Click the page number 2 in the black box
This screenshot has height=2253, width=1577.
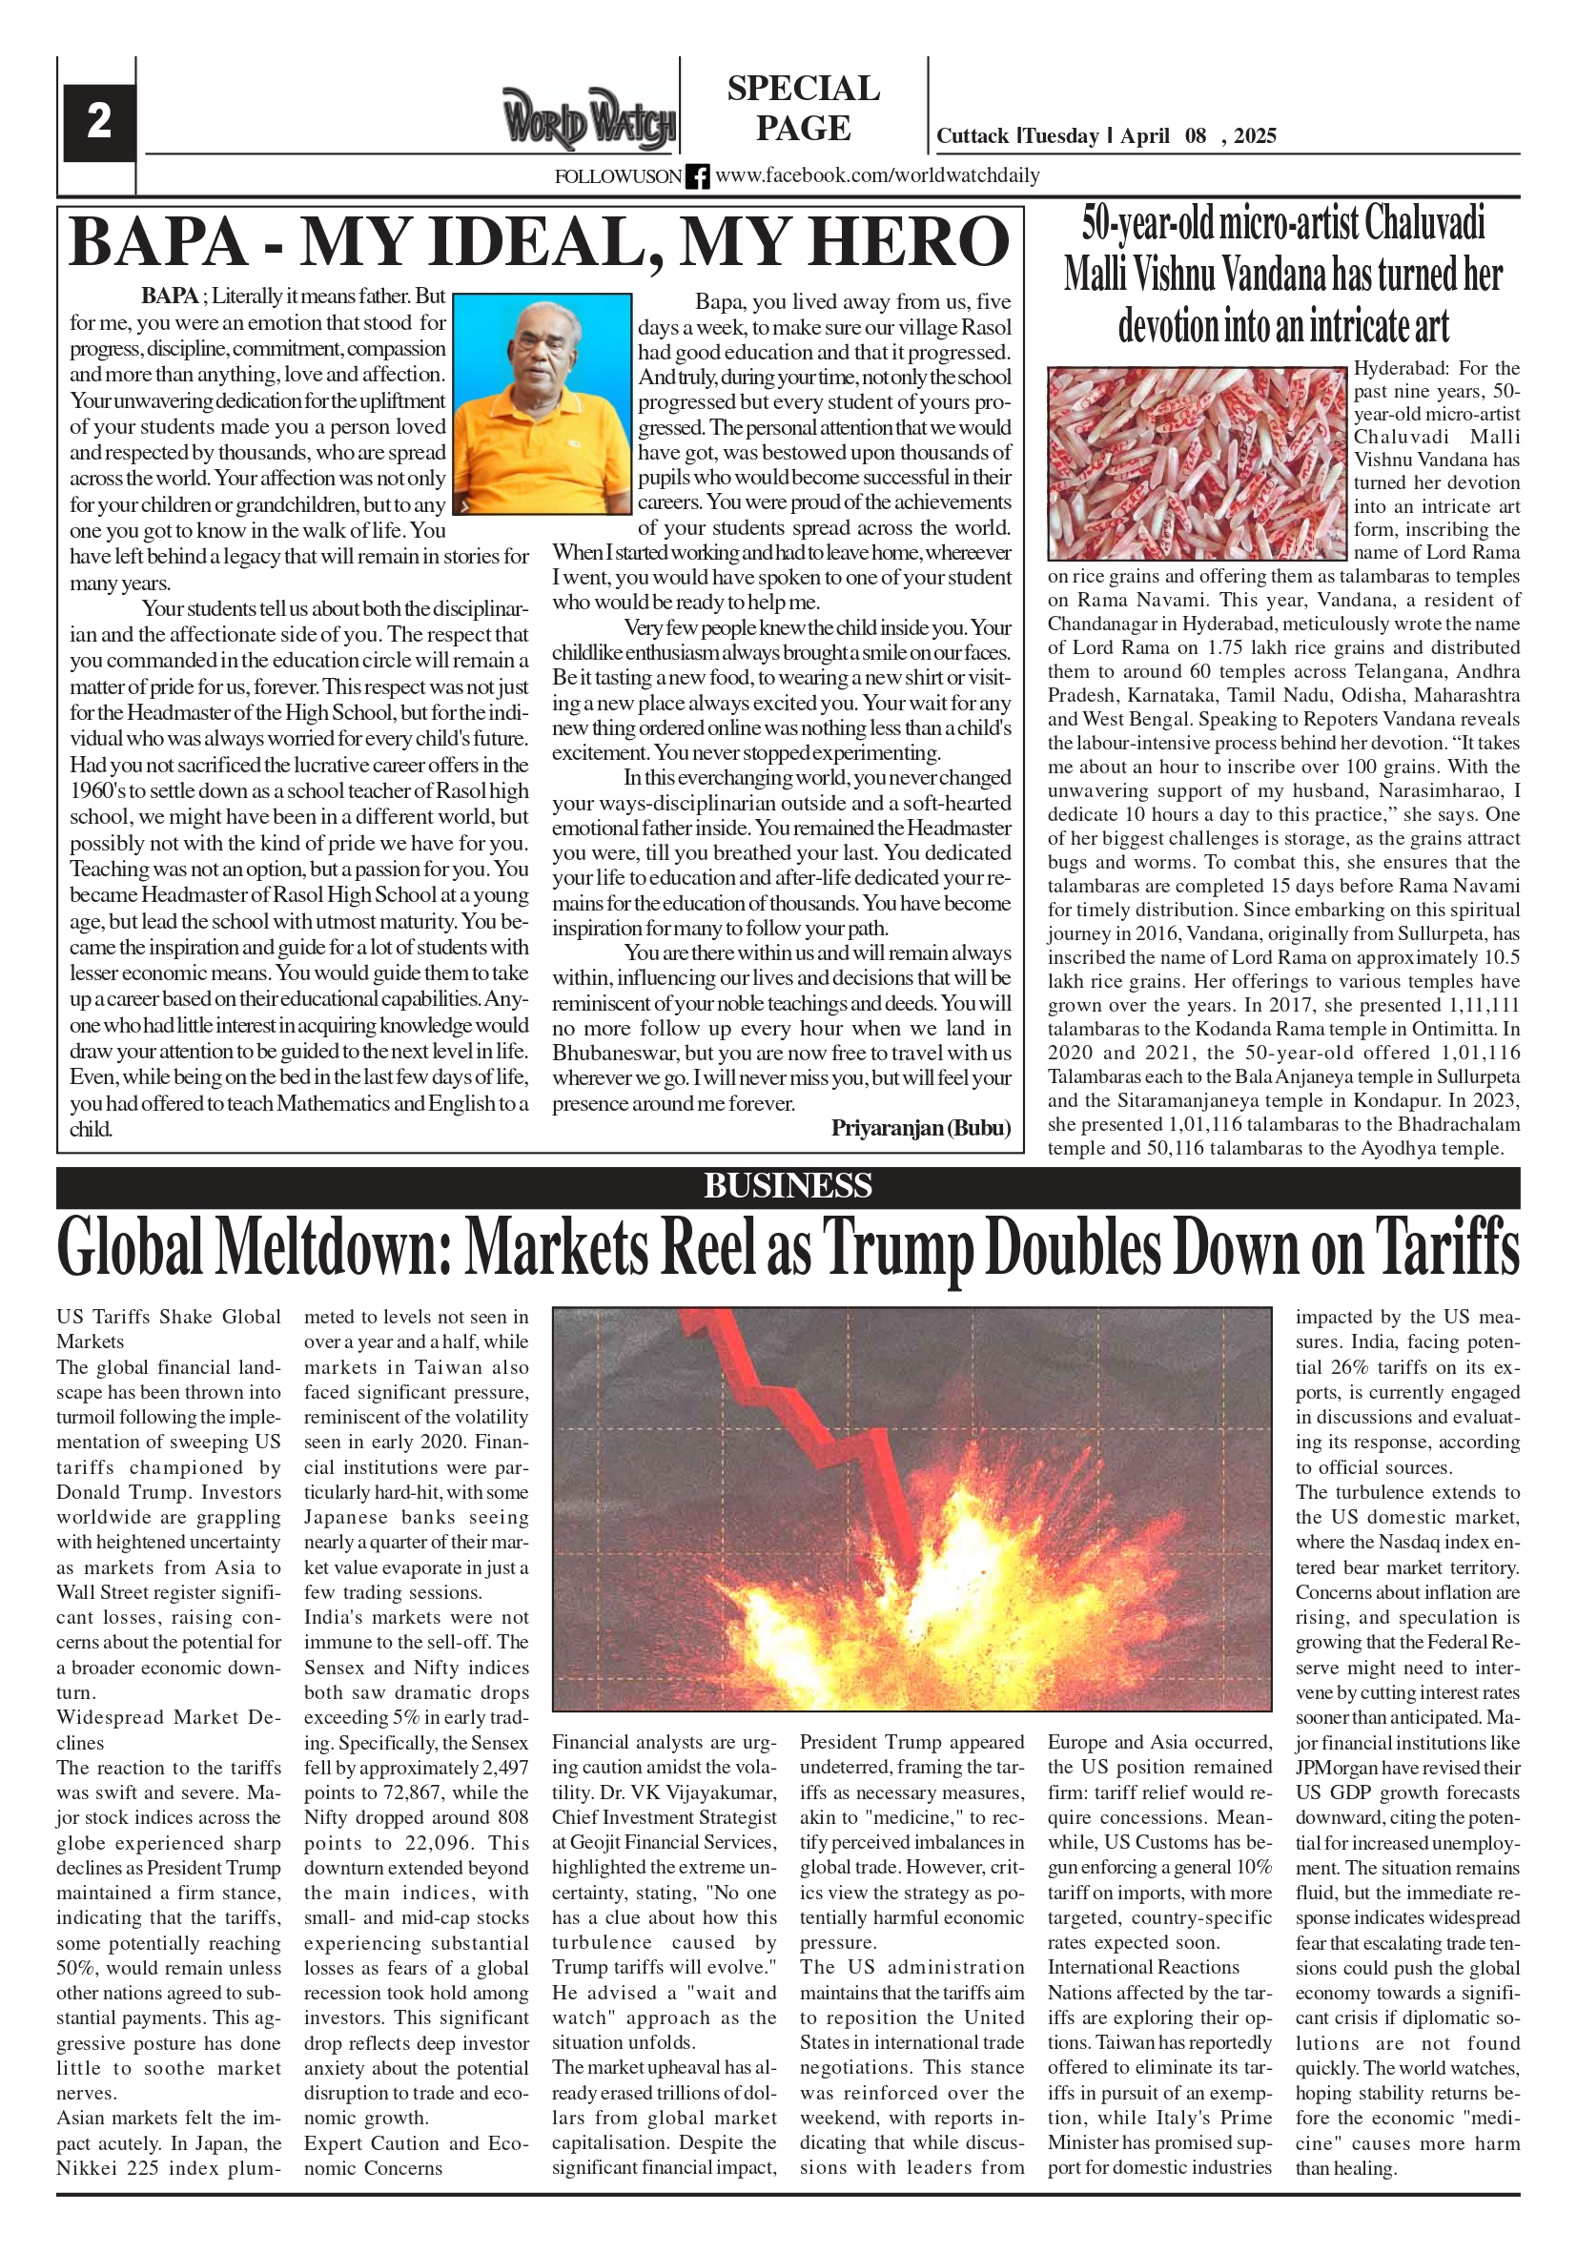click(x=99, y=122)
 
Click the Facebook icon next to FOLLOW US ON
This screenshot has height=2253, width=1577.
click(x=698, y=176)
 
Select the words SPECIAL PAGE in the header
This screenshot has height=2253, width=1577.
click(x=803, y=108)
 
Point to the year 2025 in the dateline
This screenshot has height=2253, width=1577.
click(x=1255, y=136)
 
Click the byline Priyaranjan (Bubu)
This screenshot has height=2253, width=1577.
click(x=920, y=1128)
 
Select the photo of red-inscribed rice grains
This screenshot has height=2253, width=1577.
click(x=1197, y=464)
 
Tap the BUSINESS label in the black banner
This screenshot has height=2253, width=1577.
click(x=787, y=1186)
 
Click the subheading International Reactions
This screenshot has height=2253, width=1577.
click(x=1143, y=1968)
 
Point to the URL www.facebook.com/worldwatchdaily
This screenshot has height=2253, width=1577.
click(x=877, y=176)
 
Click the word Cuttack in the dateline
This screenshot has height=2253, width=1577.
click(x=972, y=136)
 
